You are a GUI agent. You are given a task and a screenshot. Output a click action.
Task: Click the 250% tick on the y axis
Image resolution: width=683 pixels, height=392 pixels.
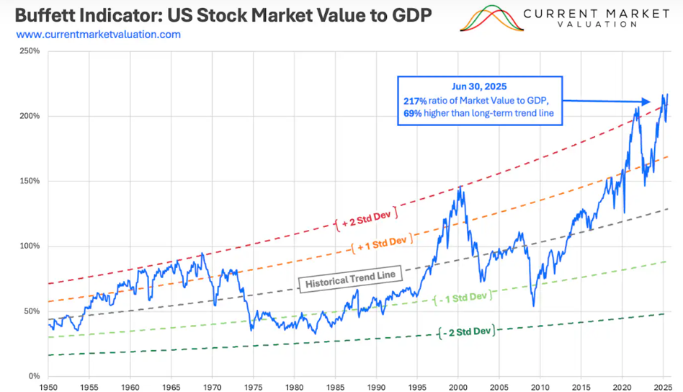click(x=30, y=51)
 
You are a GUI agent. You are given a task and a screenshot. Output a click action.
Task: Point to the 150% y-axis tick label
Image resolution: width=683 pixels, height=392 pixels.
click(x=30, y=182)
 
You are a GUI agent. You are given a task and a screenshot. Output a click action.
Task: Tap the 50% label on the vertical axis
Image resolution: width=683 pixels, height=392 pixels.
click(x=32, y=311)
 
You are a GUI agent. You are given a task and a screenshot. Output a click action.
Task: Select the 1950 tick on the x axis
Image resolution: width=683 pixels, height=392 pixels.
click(x=48, y=386)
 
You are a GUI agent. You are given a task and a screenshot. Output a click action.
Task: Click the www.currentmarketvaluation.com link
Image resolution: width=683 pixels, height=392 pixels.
click(x=98, y=35)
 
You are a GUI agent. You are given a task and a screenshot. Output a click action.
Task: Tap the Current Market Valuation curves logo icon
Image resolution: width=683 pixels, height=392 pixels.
click(x=491, y=19)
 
